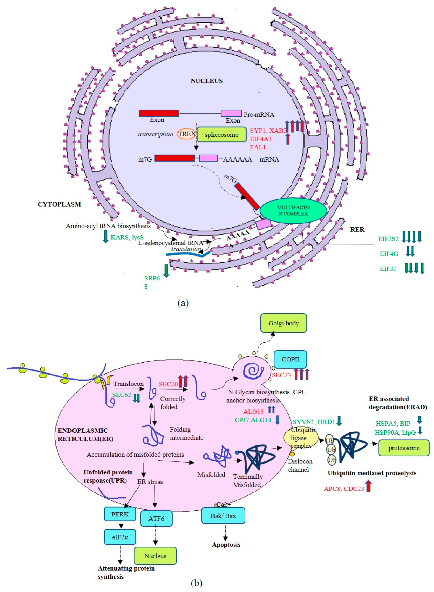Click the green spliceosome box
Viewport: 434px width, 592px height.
pyautogui.click(x=221, y=135)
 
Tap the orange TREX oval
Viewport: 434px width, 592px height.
pyautogui.click(x=186, y=134)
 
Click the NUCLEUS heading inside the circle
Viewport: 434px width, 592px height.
pyautogui.click(x=206, y=81)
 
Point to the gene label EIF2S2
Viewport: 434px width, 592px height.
pyautogui.click(x=388, y=239)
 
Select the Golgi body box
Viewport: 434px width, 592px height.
pyautogui.click(x=284, y=323)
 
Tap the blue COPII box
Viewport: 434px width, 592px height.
pyautogui.click(x=290, y=359)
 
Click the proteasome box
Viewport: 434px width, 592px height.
pyautogui.click(x=404, y=448)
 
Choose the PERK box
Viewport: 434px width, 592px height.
pyautogui.click(x=120, y=514)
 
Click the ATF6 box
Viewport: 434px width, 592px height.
pyautogui.click(x=156, y=519)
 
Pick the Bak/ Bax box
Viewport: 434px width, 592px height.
pyautogui.click(x=223, y=516)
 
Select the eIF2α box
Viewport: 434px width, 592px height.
pyautogui.click(x=120, y=537)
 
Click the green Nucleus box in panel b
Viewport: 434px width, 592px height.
pyautogui.click(x=155, y=556)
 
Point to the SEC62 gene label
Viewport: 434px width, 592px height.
pyautogui.click(x=122, y=395)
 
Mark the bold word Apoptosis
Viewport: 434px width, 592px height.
pyautogui.click(x=226, y=545)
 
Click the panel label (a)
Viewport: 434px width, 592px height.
pyautogui.click(x=183, y=303)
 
